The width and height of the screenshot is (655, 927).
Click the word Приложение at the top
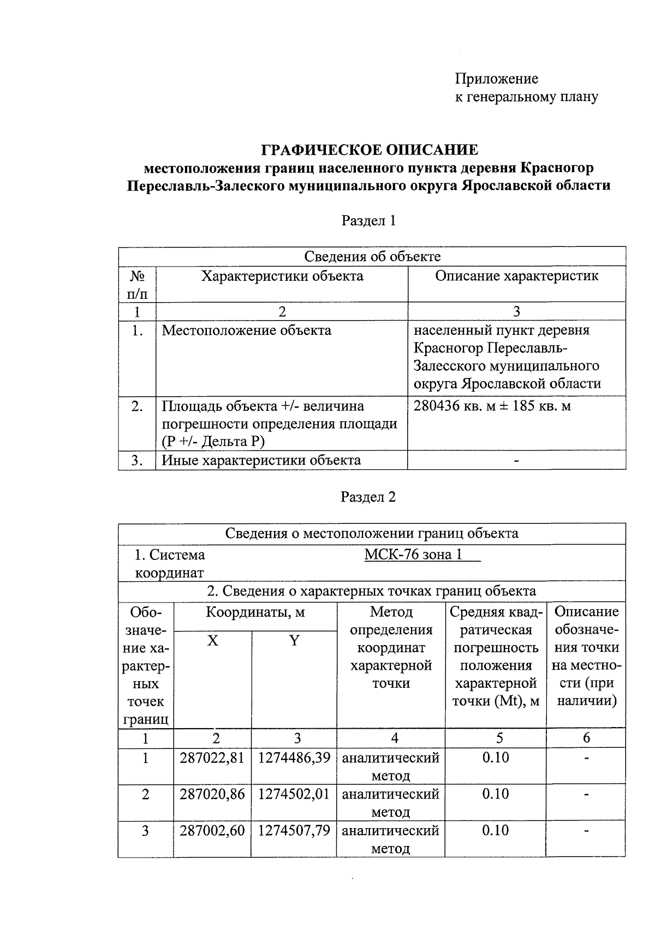click(x=497, y=79)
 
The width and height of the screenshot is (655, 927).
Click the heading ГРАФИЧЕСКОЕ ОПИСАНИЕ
click(x=370, y=150)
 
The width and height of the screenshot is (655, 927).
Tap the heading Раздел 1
click(x=368, y=221)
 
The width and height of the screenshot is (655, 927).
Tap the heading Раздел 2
click(x=368, y=497)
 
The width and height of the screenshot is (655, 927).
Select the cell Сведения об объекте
click(x=372, y=257)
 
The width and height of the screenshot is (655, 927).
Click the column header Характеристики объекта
click(x=282, y=276)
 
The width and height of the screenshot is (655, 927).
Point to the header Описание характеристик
click(x=516, y=276)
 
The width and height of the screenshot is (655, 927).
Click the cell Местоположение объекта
click(x=247, y=330)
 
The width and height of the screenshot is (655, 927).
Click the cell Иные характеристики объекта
click(x=261, y=460)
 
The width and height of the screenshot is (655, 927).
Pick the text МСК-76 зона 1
click(x=413, y=555)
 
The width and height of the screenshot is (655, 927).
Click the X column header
click(x=213, y=641)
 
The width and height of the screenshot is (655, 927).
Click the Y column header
click(x=294, y=641)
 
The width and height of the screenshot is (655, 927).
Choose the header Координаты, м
click(x=255, y=612)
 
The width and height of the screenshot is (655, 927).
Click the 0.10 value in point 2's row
click(x=496, y=794)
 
